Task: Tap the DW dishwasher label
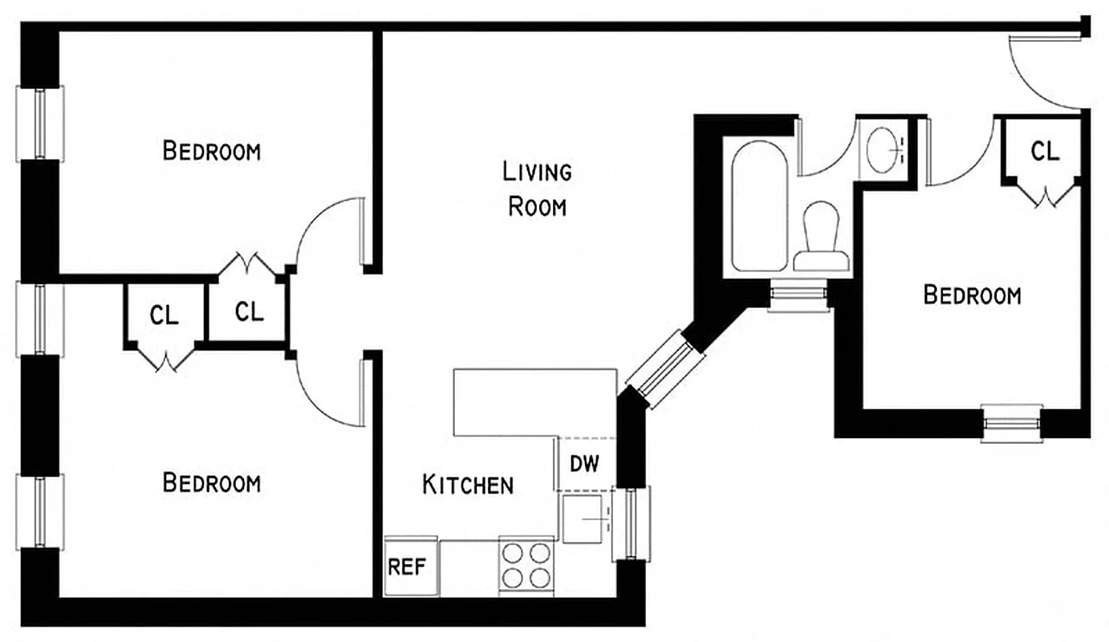click(x=584, y=464)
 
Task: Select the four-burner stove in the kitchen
click(x=526, y=565)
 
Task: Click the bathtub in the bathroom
click(x=759, y=206)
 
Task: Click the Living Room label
click(x=536, y=189)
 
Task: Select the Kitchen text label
click(x=468, y=484)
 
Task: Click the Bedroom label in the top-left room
click(x=211, y=150)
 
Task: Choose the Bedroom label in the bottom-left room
click(x=211, y=482)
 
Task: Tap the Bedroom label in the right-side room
click(x=972, y=295)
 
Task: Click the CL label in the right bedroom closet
click(x=1044, y=150)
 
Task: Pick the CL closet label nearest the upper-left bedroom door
click(x=249, y=311)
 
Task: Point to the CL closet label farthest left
click(x=165, y=315)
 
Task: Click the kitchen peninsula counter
click(x=534, y=402)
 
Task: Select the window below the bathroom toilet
click(x=798, y=295)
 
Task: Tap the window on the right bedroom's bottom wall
click(x=1012, y=422)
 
